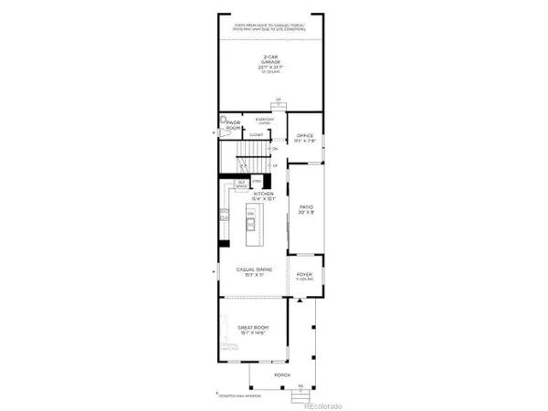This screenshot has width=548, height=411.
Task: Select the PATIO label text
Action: pyautogui.click(x=306, y=209)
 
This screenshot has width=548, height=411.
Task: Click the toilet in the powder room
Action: pyautogui.click(x=224, y=120)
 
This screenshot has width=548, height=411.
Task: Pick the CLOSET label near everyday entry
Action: pyautogui.click(x=257, y=134)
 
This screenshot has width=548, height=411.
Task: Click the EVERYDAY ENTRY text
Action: pyautogui.click(x=265, y=121)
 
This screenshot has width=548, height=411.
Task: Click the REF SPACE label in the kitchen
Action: pyautogui.click(x=241, y=184)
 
